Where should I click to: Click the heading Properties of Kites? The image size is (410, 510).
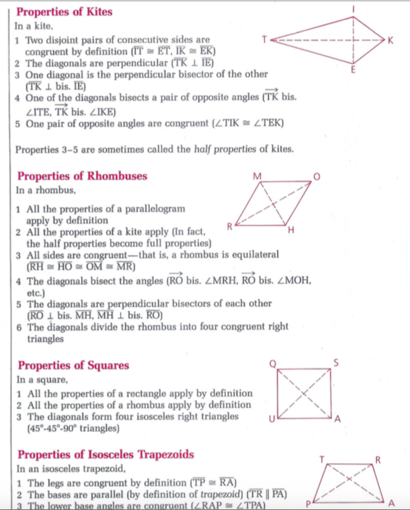pyautogui.click(x=64, y=12)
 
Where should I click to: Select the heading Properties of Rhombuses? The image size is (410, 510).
pyautogui.click(x=82, y=177)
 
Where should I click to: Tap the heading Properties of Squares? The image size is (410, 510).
pyautogui.click(x=73, y=366)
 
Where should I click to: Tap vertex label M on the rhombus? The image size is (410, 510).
pyautogui.click(x=257, y=176)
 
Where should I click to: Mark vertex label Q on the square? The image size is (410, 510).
pyautogui.click(x=272, y=364)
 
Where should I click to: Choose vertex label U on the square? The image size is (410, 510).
pyautogui.click(x=270, y=419)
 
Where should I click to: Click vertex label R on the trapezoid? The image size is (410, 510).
pyautogui.click(x=378, y=460)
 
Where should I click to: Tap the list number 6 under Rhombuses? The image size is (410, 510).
pyautogui.click(x=19, y=327)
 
